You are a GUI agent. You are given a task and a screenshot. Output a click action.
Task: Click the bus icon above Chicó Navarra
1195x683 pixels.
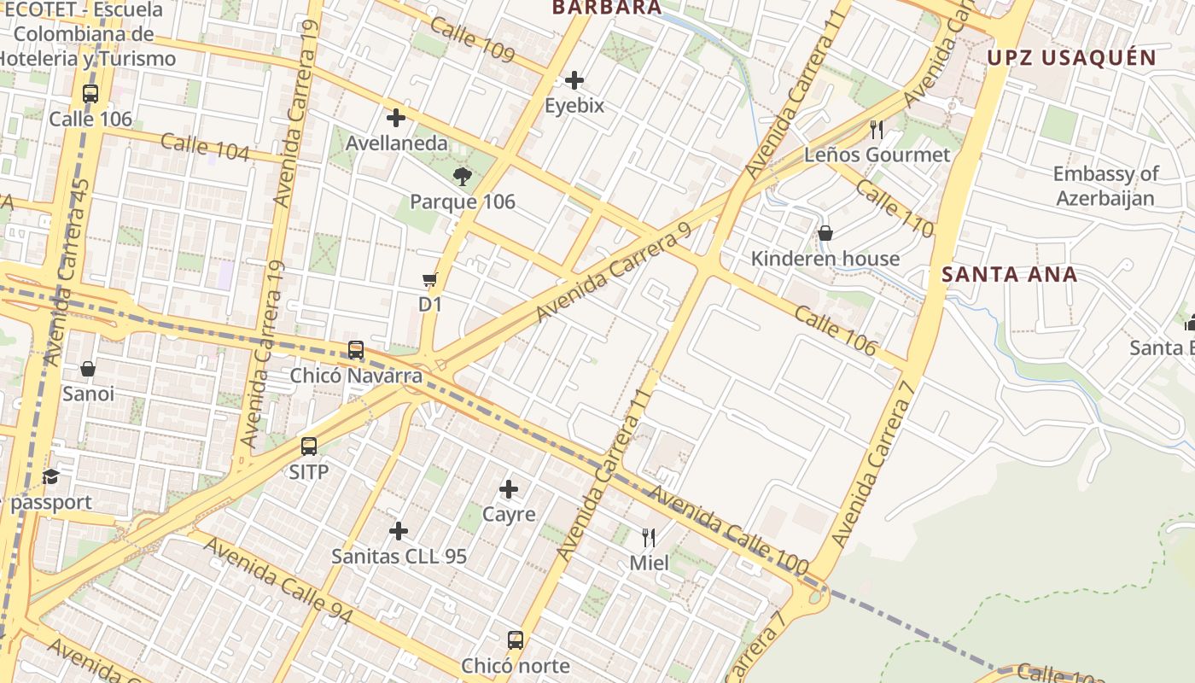point(356,350)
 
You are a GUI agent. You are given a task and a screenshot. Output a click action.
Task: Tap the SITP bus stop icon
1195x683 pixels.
point(309,447)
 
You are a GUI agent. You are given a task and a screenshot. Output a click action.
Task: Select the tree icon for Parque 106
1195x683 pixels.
point(463,177)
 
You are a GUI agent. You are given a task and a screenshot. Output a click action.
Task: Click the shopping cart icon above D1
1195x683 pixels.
point(430,279)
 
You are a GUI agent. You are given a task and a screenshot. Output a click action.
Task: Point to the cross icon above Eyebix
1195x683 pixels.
point(574,80)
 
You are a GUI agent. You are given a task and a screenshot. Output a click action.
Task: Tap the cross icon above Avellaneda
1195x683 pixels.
point(396,118)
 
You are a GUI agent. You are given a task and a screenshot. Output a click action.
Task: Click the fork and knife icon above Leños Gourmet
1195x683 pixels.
point(877,130)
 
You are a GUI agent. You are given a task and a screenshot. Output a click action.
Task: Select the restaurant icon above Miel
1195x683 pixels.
point(649,538)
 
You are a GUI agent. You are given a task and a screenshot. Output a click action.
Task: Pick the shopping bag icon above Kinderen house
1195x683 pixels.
point(825,233)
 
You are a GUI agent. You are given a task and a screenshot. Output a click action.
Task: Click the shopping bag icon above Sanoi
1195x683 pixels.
point(88,369)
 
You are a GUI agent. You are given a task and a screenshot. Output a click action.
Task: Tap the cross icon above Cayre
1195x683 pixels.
point(509,489)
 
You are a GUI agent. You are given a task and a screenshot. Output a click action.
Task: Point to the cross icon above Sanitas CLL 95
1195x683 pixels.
point(399,531)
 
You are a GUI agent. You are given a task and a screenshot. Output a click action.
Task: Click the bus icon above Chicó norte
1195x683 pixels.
point(516,640)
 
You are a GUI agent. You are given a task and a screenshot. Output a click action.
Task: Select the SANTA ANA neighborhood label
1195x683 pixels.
point(1010,275)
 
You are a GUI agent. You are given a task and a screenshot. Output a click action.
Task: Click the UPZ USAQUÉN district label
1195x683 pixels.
point(1071,58)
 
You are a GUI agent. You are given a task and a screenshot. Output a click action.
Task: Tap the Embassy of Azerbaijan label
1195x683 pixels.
point(1105,186)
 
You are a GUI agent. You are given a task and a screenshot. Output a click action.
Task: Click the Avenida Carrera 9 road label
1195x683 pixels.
point(613,274)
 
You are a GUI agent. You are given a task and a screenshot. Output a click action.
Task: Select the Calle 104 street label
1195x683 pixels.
point(205,147)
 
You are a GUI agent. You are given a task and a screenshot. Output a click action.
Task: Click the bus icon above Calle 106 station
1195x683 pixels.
point(90,94)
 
